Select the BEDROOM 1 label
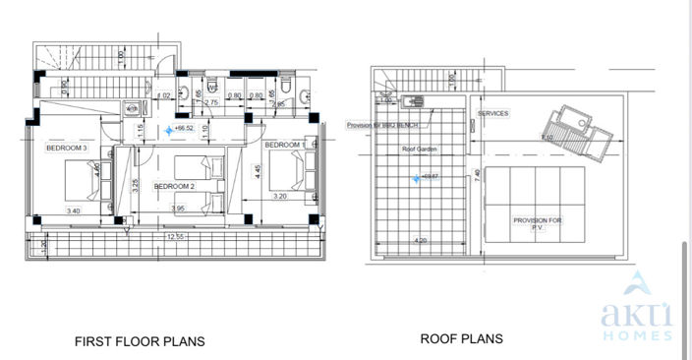283,146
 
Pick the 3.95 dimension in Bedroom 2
178,209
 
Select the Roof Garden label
419,149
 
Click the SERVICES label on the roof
493,114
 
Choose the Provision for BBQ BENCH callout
383,125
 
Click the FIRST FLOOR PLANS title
140,342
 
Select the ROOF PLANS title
461,338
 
